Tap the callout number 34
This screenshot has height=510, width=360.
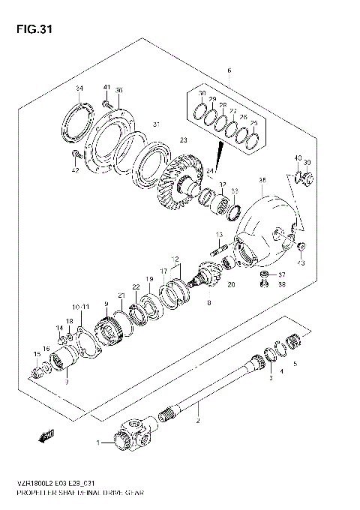pyautogui.click(x=79, y=88)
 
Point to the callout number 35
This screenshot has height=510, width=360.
pyautogui.click(x=262, y=180)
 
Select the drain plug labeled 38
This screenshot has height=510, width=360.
pyautogui.click(x=265, y=284)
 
